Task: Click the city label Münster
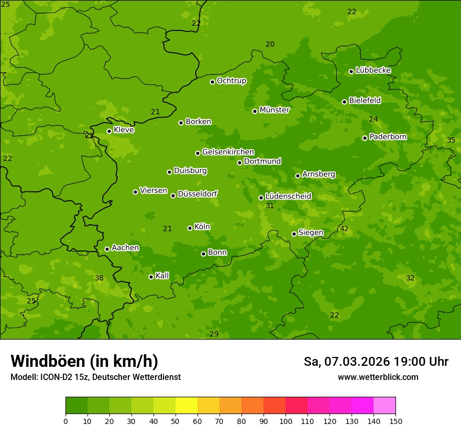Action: tap(274, 110)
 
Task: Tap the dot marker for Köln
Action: tap(190, 228)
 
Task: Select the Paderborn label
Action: tap(388, 137)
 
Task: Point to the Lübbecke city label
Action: tap(373, 70)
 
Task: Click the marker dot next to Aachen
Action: tap(107, 249)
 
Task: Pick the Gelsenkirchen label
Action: tap(228, 152)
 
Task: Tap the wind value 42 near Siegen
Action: tap(344, 229)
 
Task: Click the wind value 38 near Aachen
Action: tap(99, 278)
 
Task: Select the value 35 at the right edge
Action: tap(451, 140)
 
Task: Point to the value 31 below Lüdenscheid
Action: tap(270, 205)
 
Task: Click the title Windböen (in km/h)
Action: tap(84, 361)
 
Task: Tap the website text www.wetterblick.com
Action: tap(378, 377)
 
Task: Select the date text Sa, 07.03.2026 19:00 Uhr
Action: tap(376, 362)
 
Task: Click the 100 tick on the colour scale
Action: tap(286, 421)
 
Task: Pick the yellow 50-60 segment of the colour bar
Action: tap(186, 406)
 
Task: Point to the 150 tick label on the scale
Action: tap(395, 421)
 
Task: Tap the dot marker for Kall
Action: tap(151, 277)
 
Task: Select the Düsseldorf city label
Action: tap(197, 194)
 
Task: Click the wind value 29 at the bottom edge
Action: tap(214, 334)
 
